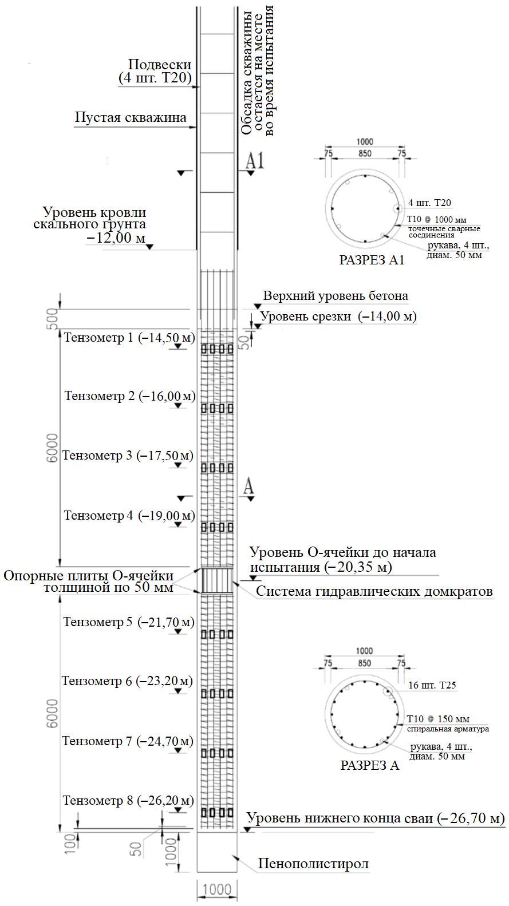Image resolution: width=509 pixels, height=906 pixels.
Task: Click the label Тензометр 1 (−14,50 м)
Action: click(129, 338)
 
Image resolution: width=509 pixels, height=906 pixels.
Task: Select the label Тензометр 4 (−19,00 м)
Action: click(129, 516)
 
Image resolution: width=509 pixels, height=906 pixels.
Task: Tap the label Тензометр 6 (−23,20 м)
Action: click(127, 681)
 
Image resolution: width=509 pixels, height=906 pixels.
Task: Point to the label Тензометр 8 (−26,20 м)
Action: click(128, 800)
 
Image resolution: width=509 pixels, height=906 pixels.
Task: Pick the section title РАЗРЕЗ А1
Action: click(372, 260)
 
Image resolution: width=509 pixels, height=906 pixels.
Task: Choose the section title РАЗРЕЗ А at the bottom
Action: click(370, 766)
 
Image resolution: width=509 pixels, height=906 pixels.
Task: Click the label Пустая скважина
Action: click(131, 118)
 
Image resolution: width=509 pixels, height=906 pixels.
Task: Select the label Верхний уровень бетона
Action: click(336, 296)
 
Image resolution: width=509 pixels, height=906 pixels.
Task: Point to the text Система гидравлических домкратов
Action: click(374, 592)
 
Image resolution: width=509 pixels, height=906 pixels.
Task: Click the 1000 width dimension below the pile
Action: click(217, 890)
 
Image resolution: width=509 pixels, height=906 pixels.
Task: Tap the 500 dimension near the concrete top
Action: click(53, 318)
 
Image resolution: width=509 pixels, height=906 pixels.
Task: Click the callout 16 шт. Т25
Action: click(432, 685)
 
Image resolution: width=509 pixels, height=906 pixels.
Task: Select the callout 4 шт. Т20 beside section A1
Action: click(429, 203)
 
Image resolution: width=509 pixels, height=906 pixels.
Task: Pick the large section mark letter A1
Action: click(255, 161)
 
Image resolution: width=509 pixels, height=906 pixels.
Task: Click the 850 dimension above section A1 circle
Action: click(365, 153)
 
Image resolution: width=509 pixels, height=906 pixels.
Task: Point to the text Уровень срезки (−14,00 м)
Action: click(338, 316)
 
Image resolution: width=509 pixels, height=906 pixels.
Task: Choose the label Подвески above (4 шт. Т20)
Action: click(160, 65)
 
